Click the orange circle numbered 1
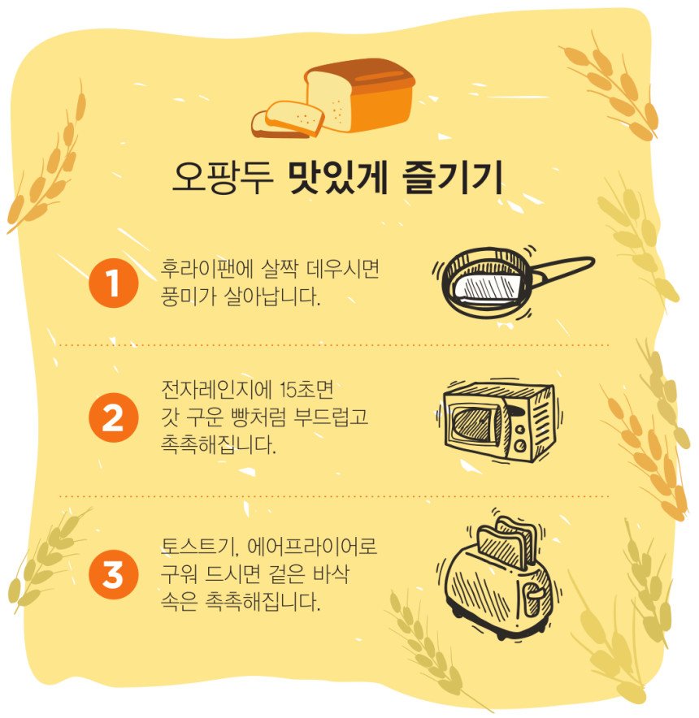(113, 283)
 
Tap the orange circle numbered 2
(113, 417)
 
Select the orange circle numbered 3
(113, 575)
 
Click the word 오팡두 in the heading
(224, 178)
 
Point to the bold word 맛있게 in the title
(338, 178)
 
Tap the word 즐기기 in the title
(453, 178)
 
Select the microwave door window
(475, 423)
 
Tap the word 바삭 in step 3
(331, 574)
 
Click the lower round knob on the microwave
(521, 444)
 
